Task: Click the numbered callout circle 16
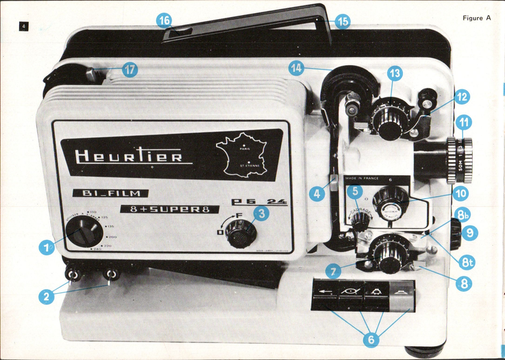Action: click(x=165, y=20)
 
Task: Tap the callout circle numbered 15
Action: click(x=343, y=22)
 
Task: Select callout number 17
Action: click(x=130, y=70)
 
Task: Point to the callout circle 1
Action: click(x=46, y=248)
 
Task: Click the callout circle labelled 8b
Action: click(x=463, y=215)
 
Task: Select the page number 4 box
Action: click(x=23, y=26)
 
